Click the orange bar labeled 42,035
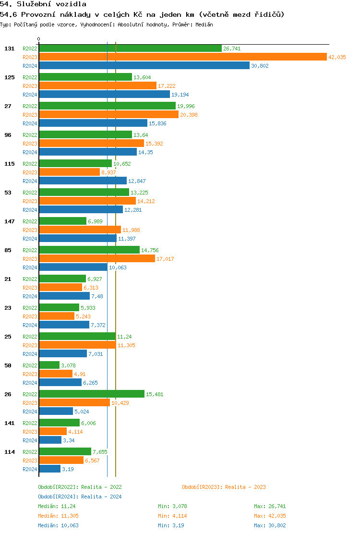pyautogui.click(x=182, y=57)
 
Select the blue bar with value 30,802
pyautogui.click(x=144, y=65)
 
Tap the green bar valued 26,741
pyautogui.click(x=130, y=48)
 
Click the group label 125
pyautogui.click(x=10, y=77)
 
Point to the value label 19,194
pyautogui.click(x=180, y=95)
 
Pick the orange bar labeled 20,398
pyautogui.click(x=108, y=114)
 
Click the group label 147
pyautogui.click(x=10, y=221)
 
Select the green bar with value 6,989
pyautogui.click(x=62, y=221)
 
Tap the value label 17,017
pyautogui.click(x=165, y=259)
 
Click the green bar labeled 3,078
pyautogui.click(x=49, y=365)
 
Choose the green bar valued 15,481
pyautogui.click(x=92, y=394)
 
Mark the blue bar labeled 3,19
pyautogui.click(x=49, y=469)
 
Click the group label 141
pyautogui.click(x=10, y=423)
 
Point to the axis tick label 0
pyautogui.click(x=39, y=39)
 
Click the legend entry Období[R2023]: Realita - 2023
pyautogui.click(x=224, y=487)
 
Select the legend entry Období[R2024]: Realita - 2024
pyautogui.click(x=80, y=497)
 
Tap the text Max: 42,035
pyautogui.click(x=270, y=516)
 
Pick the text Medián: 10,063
pyautogui.click(x=58, y=525)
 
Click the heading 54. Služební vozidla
pyautogui.click(x=43, y=4)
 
